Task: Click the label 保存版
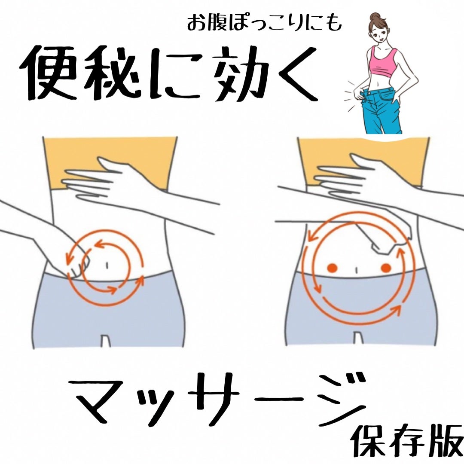point(406,440)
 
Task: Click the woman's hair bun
point(375,16)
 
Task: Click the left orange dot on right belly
point(331,268)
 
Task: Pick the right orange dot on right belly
point(385,268)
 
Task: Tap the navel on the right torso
point(357,269)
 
